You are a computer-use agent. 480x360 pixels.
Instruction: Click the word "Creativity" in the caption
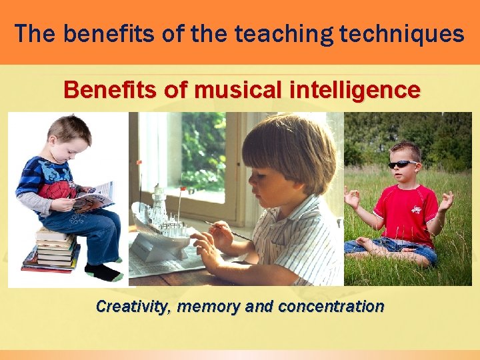[x=134, y=307]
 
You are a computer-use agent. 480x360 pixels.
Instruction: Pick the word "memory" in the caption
[x=215, y=307]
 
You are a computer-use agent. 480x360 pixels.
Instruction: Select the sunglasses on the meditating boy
[x=403, y=164]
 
